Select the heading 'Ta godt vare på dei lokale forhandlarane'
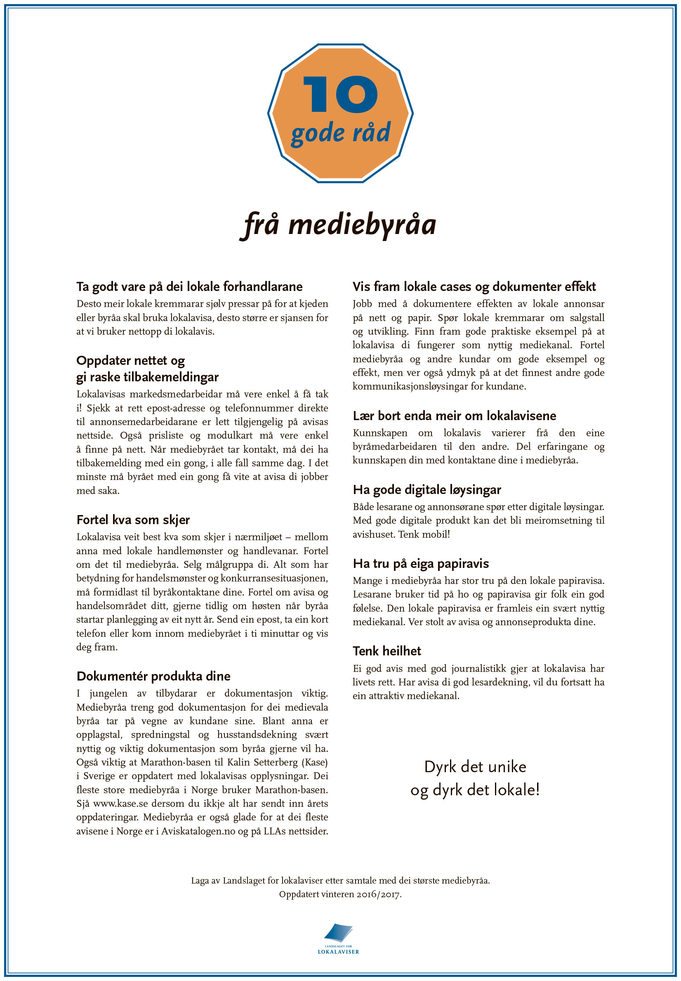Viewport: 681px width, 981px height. point(189,286)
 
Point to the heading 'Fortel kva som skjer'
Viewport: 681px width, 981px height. point(133,520)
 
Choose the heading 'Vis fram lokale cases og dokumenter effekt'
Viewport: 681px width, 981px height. point(474,286)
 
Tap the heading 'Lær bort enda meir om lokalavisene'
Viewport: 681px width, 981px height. point(454,415)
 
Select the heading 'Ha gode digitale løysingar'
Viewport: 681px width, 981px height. point(427,489)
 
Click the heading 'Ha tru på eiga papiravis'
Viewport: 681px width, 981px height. point(420,563)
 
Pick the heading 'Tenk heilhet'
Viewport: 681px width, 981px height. point(386,650)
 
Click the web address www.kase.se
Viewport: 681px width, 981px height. point(120,804)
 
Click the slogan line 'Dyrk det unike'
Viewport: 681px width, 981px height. point(474,767)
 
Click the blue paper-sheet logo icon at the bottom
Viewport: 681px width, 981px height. point(338,933)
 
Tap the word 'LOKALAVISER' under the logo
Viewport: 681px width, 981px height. point(338,952)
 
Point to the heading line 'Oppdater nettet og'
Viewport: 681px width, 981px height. point(130,360)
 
